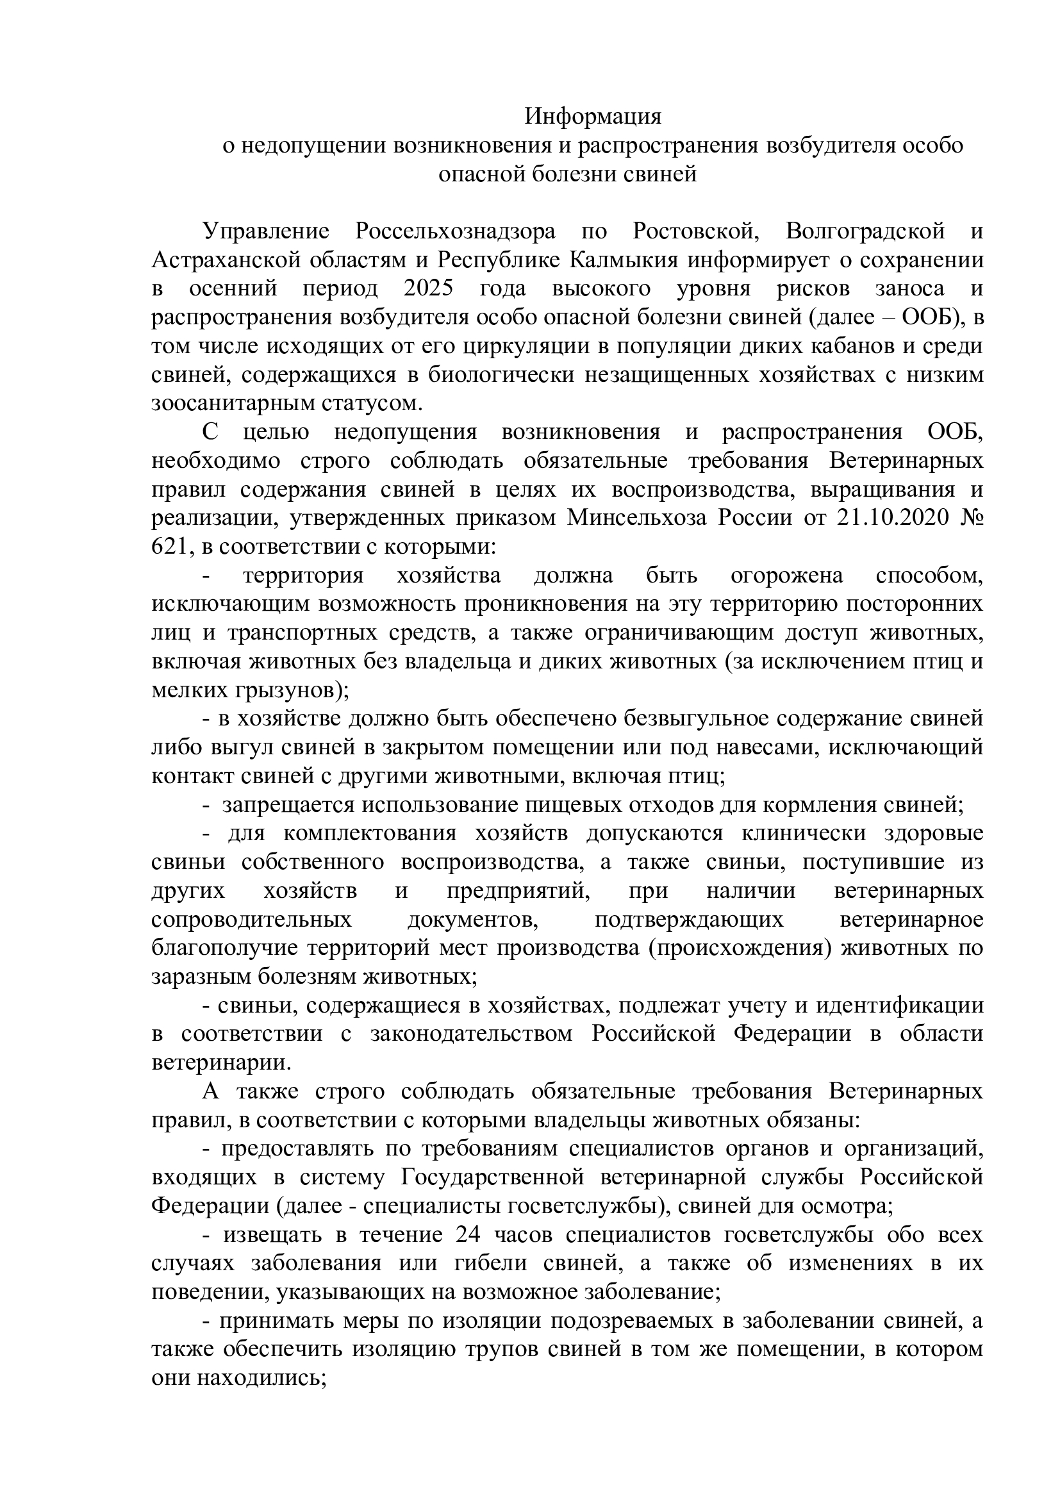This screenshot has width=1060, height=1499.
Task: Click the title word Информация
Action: tap(593, 116)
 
